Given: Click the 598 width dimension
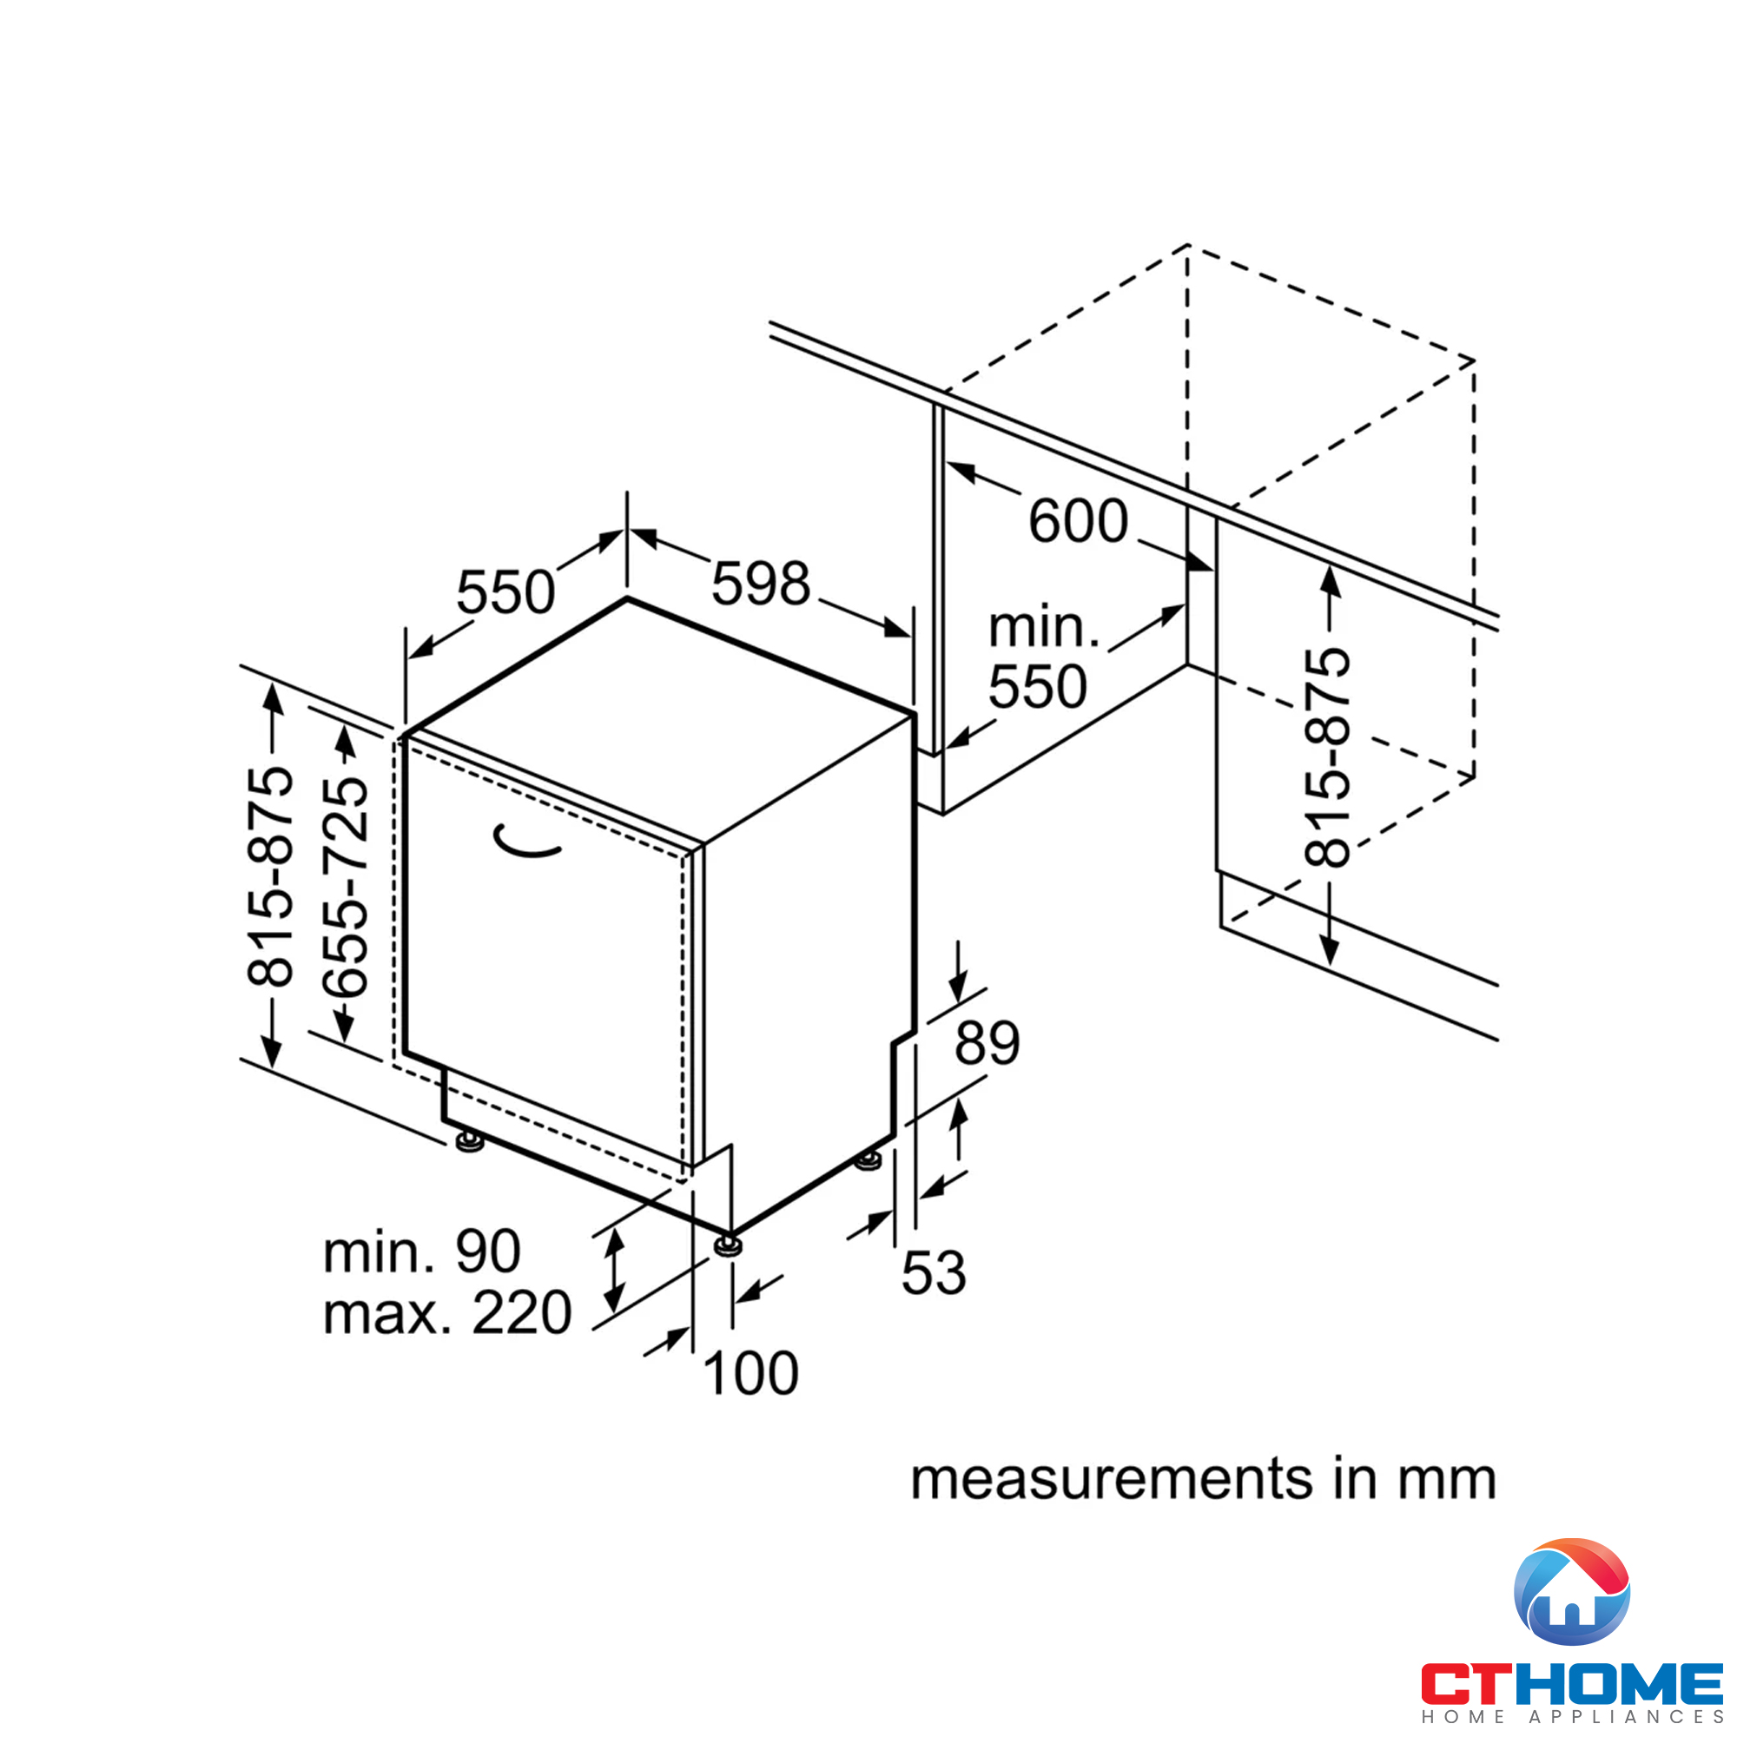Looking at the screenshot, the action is point(761,584).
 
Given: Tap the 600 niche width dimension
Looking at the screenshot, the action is point(1078,520).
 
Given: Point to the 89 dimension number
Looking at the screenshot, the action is point(987,1043).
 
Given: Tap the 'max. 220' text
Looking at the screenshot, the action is point(446,1313).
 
